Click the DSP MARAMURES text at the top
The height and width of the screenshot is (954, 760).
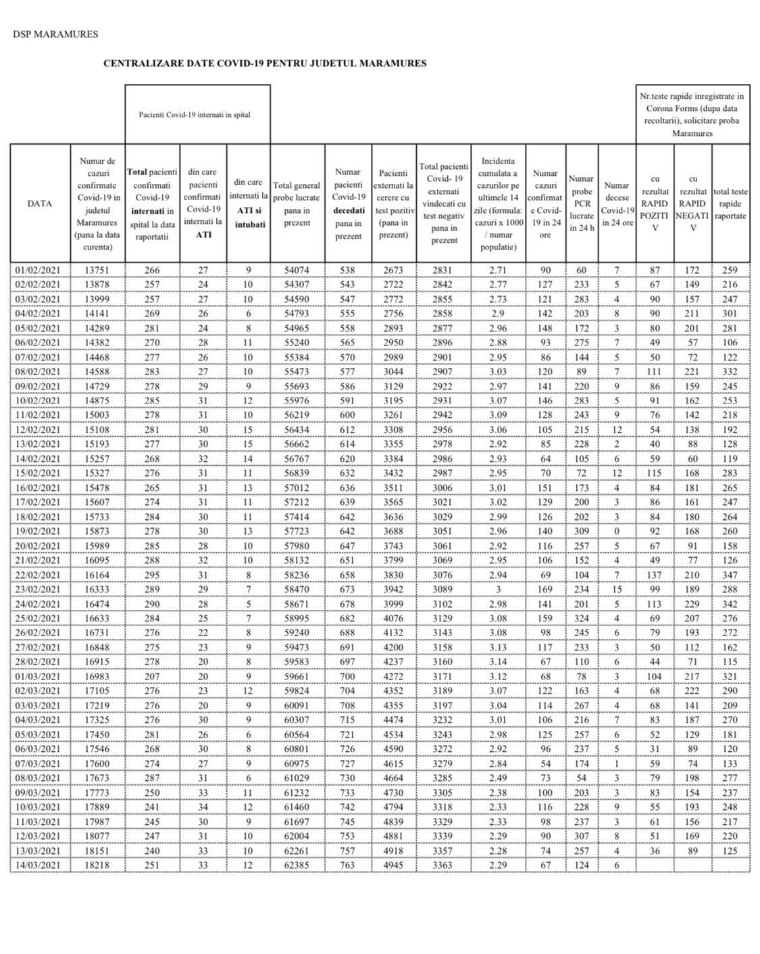pos(55,34)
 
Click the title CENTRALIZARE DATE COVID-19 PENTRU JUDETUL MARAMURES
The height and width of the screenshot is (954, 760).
pos(265,64)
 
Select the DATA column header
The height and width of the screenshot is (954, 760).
pos(40,204)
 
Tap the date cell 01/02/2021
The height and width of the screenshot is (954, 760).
pos(38,270)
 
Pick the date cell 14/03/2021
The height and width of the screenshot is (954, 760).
pos(38,865)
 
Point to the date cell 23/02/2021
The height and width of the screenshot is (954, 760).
pos(38,590)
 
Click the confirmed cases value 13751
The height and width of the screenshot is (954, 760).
pos(97,270)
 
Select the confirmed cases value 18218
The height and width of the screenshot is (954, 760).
pos(97,865)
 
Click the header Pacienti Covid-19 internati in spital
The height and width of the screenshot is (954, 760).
pos(195,115)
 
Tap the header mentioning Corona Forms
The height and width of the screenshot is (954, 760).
pos(692,115)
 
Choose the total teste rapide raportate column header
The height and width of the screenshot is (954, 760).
pos(730,204)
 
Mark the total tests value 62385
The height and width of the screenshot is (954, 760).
pos(297,865)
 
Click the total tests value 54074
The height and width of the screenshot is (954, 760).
pos(297,270)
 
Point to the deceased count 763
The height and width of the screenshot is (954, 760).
pos(347,865)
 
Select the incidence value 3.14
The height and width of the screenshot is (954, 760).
pos(498,662)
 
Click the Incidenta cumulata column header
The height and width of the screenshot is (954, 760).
pos(498,204)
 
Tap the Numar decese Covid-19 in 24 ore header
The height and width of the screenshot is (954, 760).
pos(616,204)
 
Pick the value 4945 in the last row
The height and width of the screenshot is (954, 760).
pos(393,865)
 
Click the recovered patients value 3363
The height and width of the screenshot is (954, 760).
pos(443,865)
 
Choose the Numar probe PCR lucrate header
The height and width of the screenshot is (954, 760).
pos(581,204)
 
